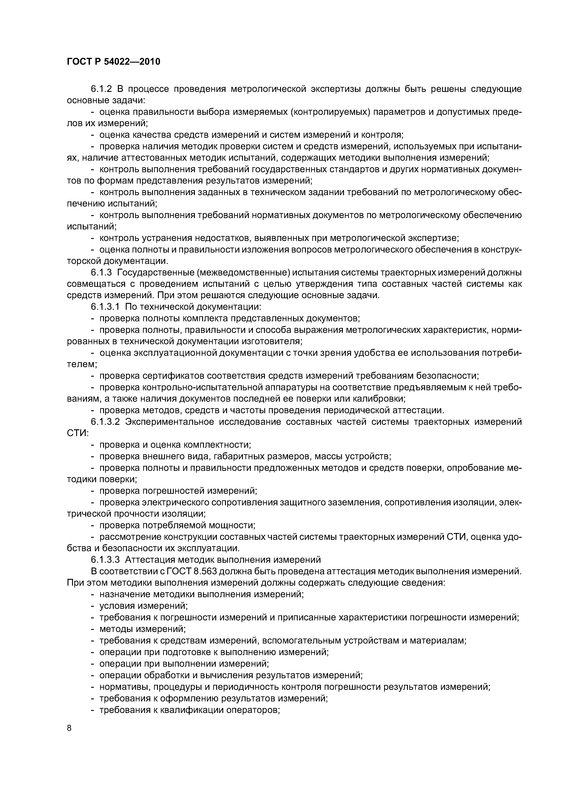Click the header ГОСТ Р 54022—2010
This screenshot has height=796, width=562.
click(113, 62)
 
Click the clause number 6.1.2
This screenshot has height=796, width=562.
click(102, 89)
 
